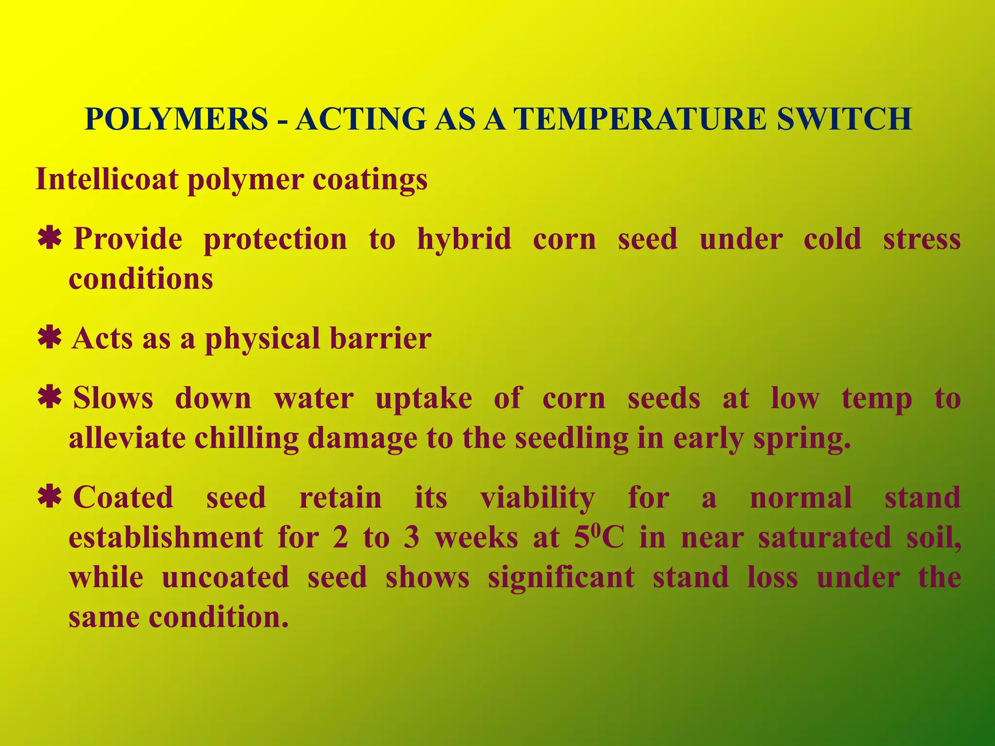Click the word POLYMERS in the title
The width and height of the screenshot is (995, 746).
click(x=176, y=119)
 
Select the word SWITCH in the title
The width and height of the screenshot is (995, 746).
click(x=844, y=119)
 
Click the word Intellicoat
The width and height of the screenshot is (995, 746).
click(x=107, y=179)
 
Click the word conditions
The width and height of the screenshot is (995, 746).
click(x=141, y=279)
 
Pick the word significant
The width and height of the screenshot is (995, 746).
click(x=561, y=578)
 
